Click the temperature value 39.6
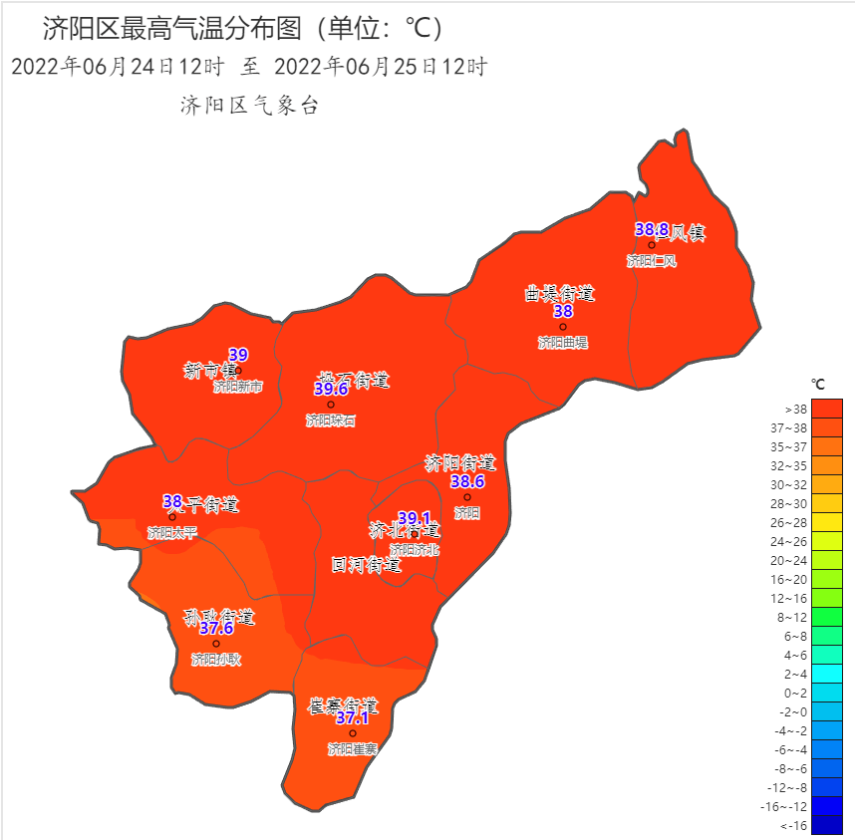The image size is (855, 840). (x=331, y=389)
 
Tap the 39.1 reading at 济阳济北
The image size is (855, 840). (x=414, y=518)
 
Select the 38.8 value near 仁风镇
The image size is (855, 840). (x=652, y=229)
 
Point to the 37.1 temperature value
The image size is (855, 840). (x=352, y=717)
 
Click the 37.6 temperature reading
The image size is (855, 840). (x=216, y=628)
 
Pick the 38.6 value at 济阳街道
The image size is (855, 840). (x=467, y=481)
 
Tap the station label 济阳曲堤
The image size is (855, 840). (x=563, y=343)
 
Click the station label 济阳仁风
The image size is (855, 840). (x=652, y=261)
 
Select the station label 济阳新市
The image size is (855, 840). (x=238, y=387)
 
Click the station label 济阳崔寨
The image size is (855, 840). (x=353, y=748)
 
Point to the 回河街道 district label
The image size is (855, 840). (x=366, y=565)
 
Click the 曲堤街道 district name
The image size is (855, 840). (x=560, y=293)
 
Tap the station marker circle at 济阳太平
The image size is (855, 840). (x=172, y=517)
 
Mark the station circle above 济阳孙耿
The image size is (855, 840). (x=216, y=644)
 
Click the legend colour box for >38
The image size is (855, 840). (x=827, y=409)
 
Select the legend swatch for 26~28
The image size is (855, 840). (x=827, y=522)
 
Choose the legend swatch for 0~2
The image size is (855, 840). (x=827, y=693)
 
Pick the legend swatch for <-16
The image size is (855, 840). (x=827, y=825)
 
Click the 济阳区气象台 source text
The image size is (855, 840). (x=249, y=106)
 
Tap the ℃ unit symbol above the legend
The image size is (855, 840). (x=818, y=384)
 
